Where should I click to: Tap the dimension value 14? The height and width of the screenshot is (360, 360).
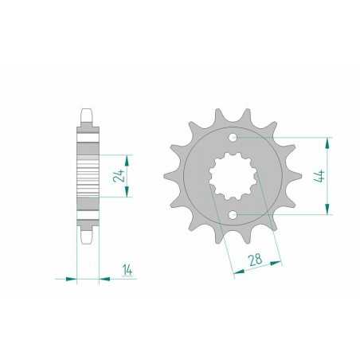[127, 268]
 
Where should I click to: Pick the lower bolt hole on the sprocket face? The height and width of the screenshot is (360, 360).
[231, 215]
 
